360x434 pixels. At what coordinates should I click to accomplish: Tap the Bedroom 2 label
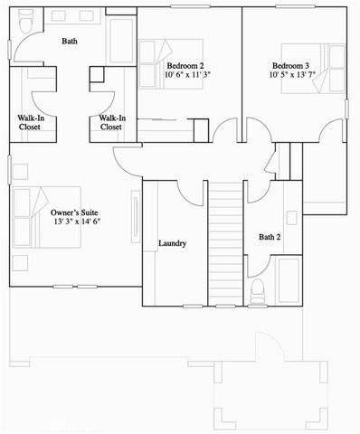pos(185,66)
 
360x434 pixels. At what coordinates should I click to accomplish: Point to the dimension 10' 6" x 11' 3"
pos(188,76)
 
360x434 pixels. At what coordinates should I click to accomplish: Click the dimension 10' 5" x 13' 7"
pos(292,76)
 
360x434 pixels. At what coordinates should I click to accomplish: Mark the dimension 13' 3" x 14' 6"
pos(76,221)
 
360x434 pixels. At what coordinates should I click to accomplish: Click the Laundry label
pos(172,243)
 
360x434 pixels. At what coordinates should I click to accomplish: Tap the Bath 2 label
pos(270,238)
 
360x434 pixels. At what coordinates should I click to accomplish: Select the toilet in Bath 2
pos(257,289)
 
